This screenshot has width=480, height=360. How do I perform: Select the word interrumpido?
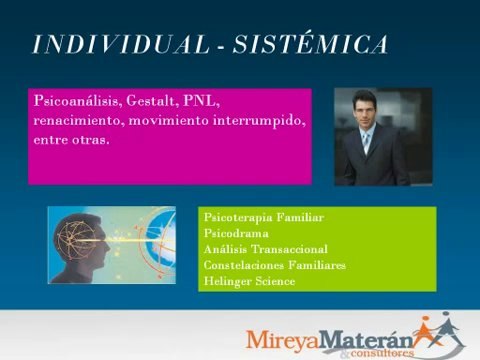click(x=258, y=120)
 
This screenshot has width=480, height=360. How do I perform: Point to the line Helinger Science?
click(x=249, y=281)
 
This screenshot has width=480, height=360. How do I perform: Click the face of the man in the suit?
click(x=365, y=111)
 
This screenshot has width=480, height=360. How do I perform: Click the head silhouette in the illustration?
click(x=85, y=245)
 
